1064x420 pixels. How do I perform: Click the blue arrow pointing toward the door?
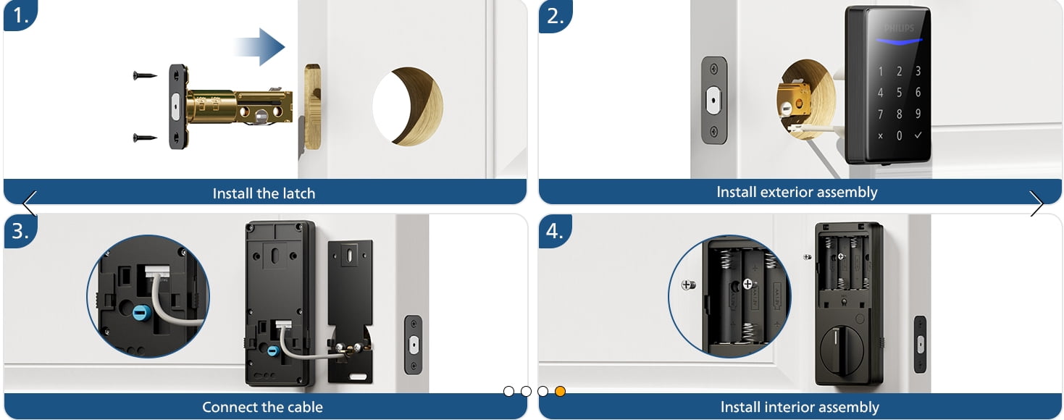point(260,47)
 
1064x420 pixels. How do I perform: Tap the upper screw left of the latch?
point(145,75)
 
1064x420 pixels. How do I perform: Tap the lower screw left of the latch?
point(145,138)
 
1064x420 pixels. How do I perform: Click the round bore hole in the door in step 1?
point(408,106)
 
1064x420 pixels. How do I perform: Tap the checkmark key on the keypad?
point(918,135)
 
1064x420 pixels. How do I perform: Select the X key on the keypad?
point(880,136)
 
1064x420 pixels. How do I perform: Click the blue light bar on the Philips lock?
point(899,42)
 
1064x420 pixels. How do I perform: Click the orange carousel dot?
point(560,391)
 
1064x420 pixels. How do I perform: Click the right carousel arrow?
point(1036,203)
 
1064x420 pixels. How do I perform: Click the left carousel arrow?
point(30,203)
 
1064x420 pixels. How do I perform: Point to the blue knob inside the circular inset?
point(140,313)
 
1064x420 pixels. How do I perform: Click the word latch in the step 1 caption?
point(299,193)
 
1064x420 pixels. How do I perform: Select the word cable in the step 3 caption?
point(306,407)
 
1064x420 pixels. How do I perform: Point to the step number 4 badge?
point(555,231)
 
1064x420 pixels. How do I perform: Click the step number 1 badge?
point(20,15)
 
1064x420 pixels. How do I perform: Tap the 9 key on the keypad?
point(918,114)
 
